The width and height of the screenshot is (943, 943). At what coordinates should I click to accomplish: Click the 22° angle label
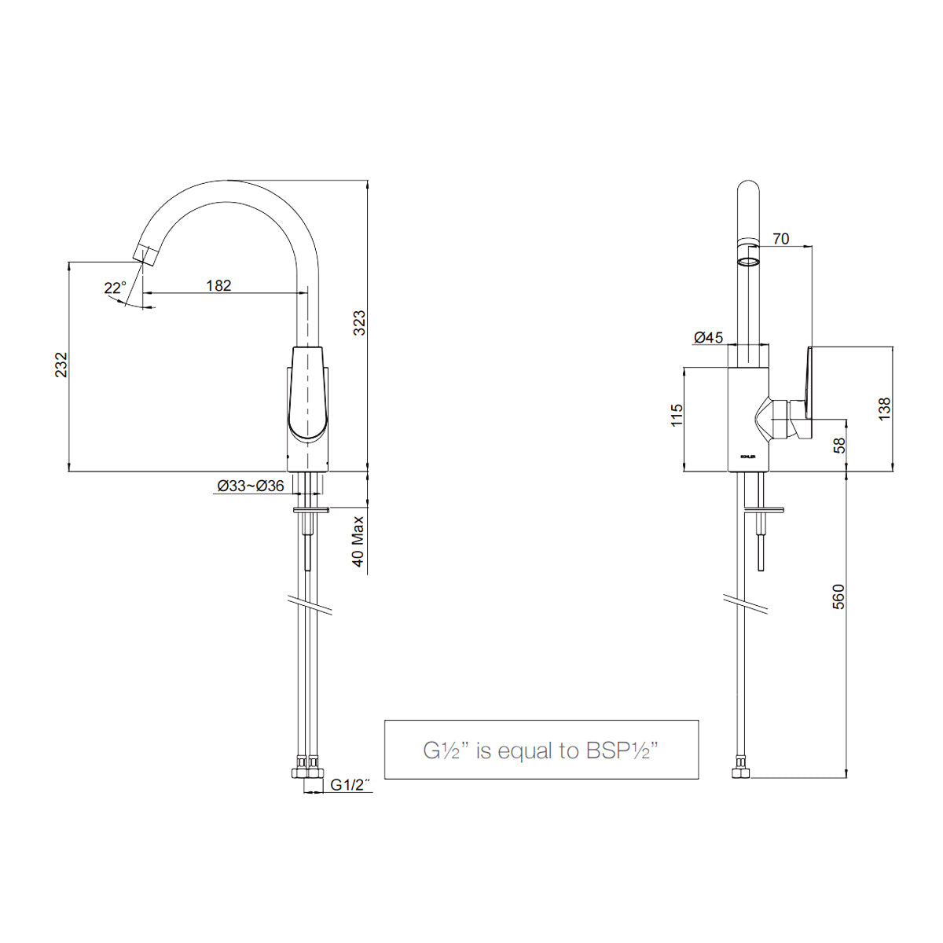tap(115, 288)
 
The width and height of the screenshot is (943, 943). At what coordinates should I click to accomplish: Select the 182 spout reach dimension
tap(218, 285)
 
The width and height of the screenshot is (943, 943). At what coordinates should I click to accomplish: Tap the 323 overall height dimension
tap(359, 323)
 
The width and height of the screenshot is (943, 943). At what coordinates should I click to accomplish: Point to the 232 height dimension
tap(61, 365)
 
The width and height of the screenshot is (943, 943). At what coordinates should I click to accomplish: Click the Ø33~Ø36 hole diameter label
tap(251, 486)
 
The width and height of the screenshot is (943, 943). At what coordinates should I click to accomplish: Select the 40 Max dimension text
tap(359, 541)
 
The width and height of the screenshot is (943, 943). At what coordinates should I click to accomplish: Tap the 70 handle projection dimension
tap(780, 239)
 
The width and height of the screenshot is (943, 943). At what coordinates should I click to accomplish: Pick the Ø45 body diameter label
tap(708, 337)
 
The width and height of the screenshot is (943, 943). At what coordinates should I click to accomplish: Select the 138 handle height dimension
tap(885, 409)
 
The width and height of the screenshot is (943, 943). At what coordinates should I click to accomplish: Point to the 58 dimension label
tap(839, 445)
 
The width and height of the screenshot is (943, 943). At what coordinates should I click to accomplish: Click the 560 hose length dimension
tap(838, 597)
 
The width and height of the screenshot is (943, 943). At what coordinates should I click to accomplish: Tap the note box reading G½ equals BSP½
tap(541, 750)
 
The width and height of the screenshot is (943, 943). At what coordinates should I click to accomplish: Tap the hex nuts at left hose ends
tap(307, 769)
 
